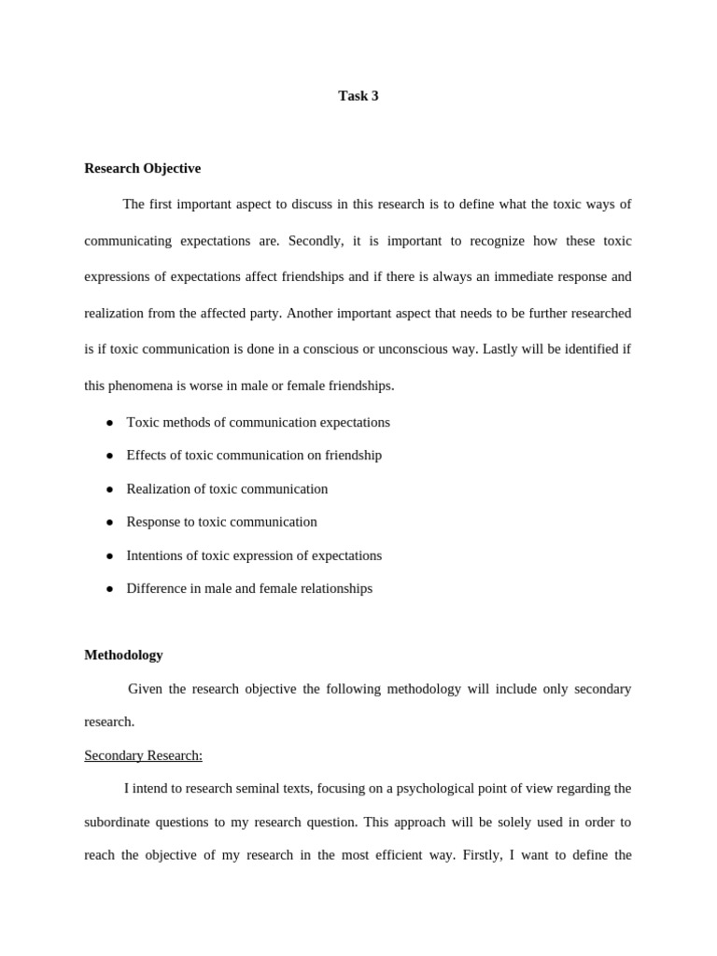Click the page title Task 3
pos(358,96)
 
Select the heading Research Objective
pos(142,169)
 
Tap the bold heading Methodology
pos(123,655)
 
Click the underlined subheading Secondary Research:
pos(143,755)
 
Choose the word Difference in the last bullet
pos(158,589)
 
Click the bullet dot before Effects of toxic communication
pos(109,456)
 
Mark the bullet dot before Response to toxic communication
pos(109,523)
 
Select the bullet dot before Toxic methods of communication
pos(109,423)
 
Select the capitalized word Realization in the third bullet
pos(159,489)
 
